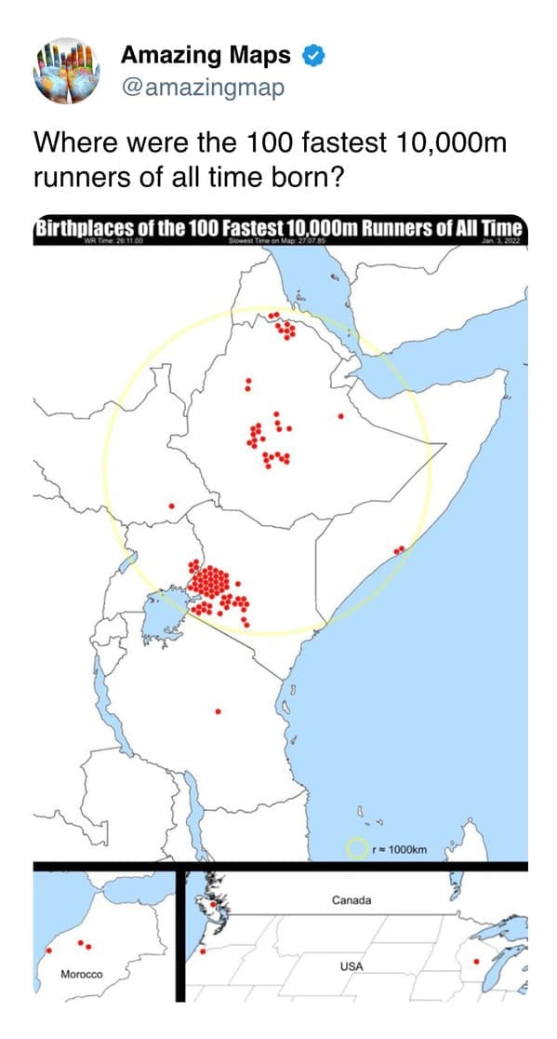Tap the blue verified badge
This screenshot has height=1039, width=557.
point(313,57)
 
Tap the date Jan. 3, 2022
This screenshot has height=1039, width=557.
point(503,242)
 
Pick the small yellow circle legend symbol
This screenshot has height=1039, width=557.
point(356,848)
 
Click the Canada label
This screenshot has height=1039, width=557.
point(351,900)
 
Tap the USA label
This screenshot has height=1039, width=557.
point(351,966)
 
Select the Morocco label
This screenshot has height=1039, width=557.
point(81,974)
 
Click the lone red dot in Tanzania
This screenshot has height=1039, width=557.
point(218,711)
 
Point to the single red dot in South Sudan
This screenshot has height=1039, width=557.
point(171,506)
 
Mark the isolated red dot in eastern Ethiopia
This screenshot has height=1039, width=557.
point(341,415)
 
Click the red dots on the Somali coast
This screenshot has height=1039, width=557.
point(399,550)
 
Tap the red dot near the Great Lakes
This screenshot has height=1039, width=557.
point(476,961)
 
